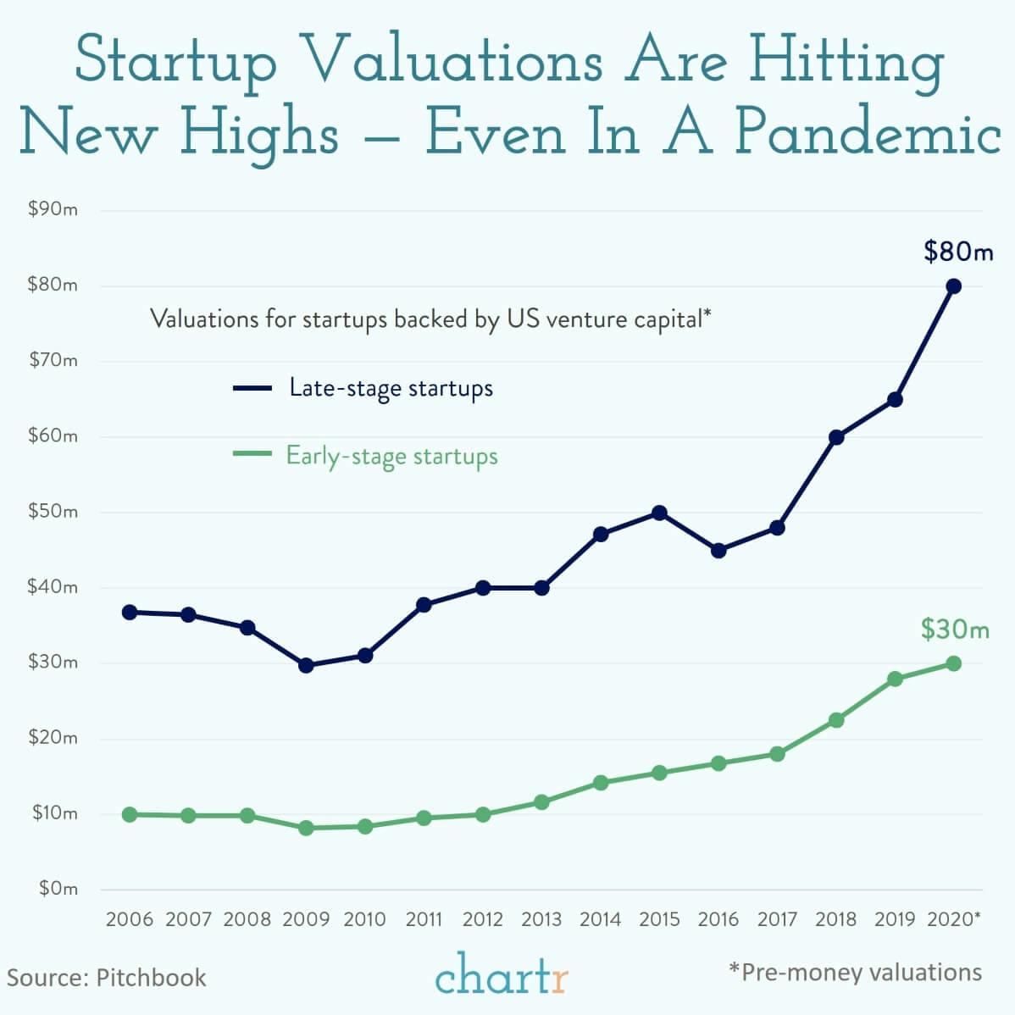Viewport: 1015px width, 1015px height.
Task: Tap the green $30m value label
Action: coord(955,630)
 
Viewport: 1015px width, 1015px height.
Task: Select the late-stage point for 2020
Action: coord(953,286)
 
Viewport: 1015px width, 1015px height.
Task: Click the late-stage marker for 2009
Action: coord(306,665)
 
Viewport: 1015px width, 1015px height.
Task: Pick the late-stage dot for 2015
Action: coord(659,513)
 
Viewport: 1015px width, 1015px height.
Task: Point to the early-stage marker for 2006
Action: coord(130,814)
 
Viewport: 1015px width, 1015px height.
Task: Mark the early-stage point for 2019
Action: coord(895,679)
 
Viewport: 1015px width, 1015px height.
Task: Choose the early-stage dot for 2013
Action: coord(541,801)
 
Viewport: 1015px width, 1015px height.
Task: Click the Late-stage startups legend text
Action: coord(391,388)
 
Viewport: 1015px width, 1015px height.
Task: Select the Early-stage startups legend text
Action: coord(391,456)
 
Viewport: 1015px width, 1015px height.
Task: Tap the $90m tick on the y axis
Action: coord(53,209)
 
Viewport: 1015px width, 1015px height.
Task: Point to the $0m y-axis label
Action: coord(58,889)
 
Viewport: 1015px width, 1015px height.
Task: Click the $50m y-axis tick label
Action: coord(53,512)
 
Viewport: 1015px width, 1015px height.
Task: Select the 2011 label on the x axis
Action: coord(424,919)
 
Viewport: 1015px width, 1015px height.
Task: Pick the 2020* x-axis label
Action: coord(954,919)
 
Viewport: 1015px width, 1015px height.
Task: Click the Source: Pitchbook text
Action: coord(107,977)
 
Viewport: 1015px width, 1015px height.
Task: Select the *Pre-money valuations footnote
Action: coord(855,972)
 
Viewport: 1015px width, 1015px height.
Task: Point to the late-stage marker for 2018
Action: coord(836,437)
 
